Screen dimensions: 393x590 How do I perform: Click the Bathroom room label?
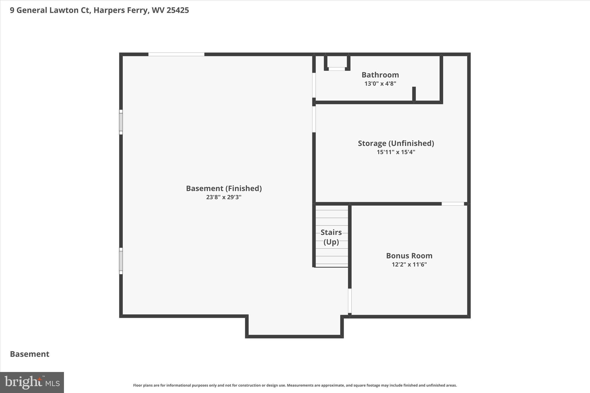[380, 75]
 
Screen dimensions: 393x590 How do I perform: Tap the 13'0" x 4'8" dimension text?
[380, 84]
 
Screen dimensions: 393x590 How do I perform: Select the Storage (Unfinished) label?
[396, 143]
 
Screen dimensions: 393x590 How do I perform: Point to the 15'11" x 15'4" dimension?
[396, 152]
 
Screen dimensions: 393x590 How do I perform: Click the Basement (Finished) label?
[224, 188]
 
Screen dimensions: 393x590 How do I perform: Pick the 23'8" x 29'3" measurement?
[224, 197]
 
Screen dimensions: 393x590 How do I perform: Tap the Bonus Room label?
[409, 256]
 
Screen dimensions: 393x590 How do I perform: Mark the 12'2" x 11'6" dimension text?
[409, 264]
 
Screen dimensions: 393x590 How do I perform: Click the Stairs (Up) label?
[331, 237]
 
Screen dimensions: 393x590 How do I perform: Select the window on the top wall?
[176, 54]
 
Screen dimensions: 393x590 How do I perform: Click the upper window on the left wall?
[121, 122]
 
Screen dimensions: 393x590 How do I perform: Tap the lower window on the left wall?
[121, 261]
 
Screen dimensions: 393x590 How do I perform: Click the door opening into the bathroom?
[314, 85]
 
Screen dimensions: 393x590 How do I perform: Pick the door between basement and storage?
[314, 119]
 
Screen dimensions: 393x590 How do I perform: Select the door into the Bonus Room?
[350, 301]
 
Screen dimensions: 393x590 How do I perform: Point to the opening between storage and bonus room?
[453, 204]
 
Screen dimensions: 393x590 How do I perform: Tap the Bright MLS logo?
[32, 382]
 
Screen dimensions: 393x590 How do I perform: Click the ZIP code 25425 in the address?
[178, 10]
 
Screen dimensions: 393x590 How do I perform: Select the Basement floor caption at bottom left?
[30, 354]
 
